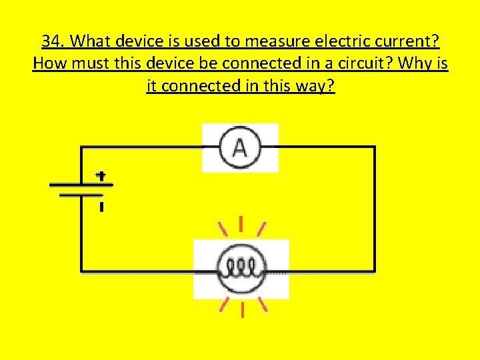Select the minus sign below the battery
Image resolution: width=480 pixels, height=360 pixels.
[101, 207]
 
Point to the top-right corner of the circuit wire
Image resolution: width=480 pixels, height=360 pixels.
[375, 147]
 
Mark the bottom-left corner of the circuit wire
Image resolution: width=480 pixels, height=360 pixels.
[81, 271]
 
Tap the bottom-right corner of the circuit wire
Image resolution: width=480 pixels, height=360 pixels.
[375, 271]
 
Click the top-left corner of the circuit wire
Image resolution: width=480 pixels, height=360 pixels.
[81, 147]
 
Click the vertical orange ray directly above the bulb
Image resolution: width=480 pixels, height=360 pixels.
[241, 224]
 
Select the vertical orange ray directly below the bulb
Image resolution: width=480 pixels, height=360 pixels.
[243, 311]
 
